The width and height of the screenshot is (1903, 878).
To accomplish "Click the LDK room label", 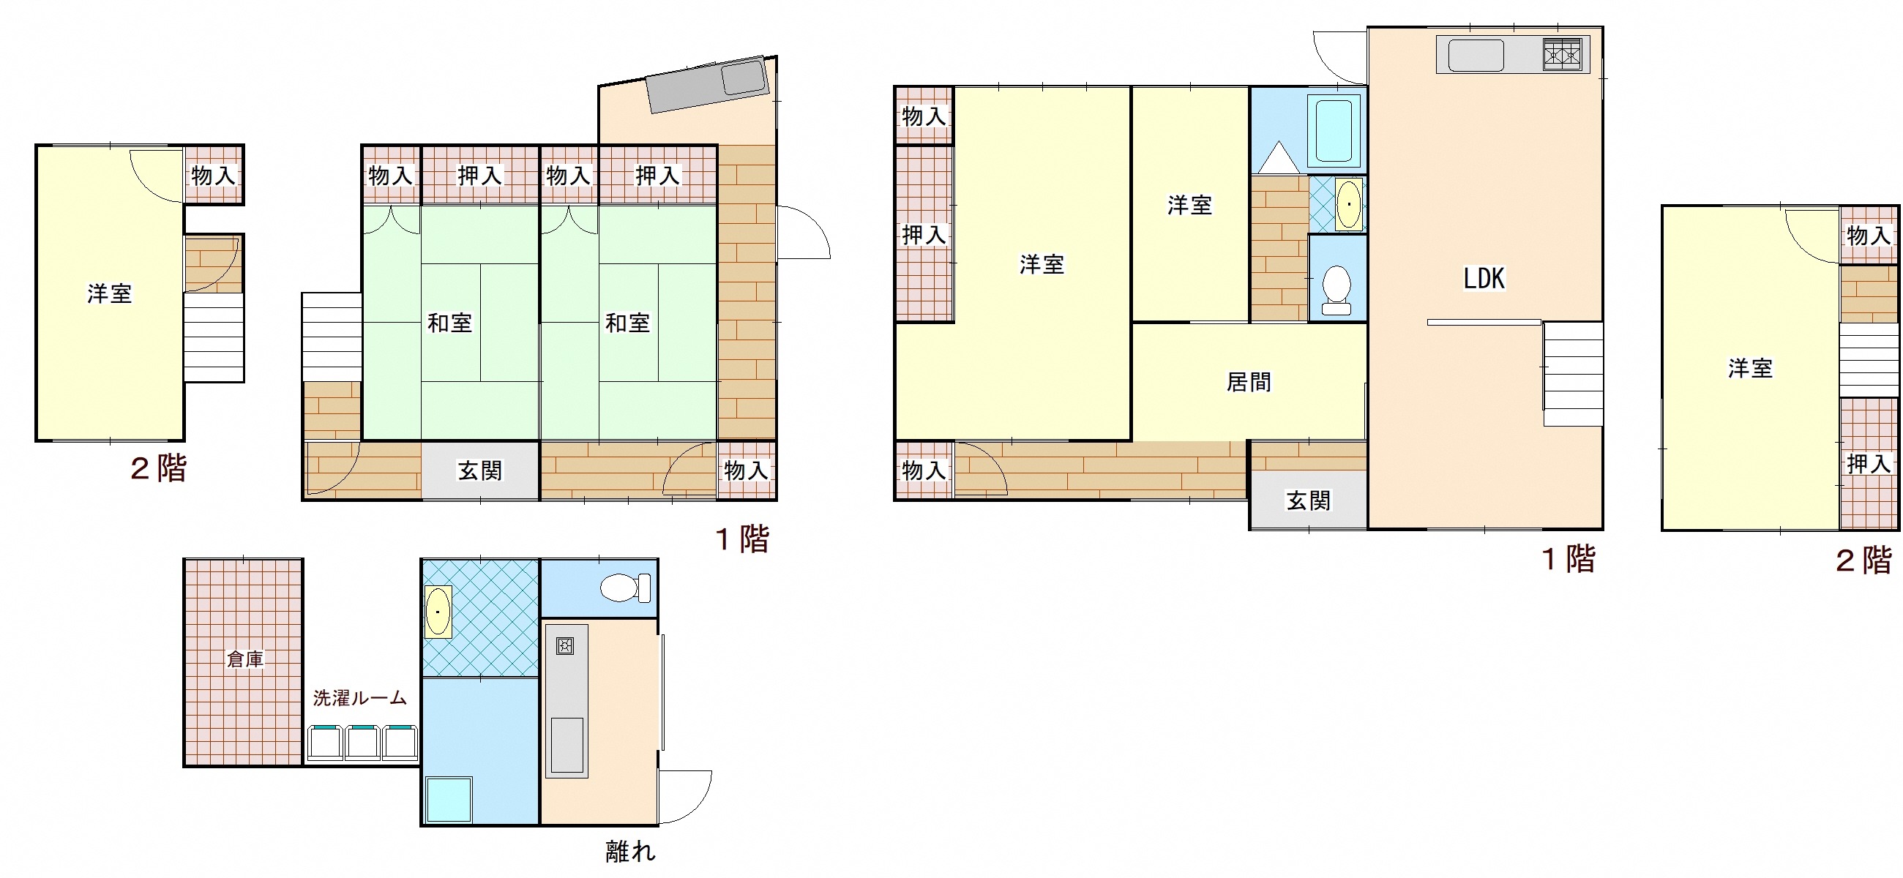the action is click(x=1484, y=278).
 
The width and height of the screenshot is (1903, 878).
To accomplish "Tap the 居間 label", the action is click(x=1249, y=382).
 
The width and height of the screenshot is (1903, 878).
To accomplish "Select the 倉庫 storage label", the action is click(x=244, y=658).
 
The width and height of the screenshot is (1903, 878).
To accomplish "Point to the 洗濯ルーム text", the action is click(x=360, y=698).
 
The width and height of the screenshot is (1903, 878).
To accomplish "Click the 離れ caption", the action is click(x=630, y=852).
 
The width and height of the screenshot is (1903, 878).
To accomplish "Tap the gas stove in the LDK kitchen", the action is click(x=1562, y=55).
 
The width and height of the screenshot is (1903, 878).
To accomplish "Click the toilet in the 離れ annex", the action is click(x=625, y=588).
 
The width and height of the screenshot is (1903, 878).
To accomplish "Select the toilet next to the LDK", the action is click(x=1336, y=290).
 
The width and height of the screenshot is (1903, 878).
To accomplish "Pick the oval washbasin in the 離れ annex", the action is click(x=439, y=612).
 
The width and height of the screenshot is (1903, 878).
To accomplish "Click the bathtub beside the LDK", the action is click(x=1334, y=130).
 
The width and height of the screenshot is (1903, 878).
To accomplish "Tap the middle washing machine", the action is click(x=363, y=743).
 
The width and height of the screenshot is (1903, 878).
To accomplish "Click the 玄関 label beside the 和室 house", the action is click(x=480, y=470).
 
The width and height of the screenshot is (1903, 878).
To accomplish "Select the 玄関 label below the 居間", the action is click(x=1309, y=500).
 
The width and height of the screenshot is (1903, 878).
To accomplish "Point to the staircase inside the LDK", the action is click(x=1573, y=375).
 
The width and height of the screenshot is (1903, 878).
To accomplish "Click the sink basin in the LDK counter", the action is click(x=1476, y=55).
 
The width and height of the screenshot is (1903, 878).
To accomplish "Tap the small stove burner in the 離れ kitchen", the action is click(x=566, y=647).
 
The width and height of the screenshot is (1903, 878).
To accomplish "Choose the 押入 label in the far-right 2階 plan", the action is click(x=1869, y=464).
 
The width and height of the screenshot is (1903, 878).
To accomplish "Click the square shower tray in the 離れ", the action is click(x=449, y=799).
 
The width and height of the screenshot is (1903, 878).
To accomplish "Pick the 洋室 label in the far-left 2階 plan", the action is click(x=109, y=293).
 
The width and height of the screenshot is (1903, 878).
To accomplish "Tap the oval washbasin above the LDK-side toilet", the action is click(x=1349, y=204).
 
